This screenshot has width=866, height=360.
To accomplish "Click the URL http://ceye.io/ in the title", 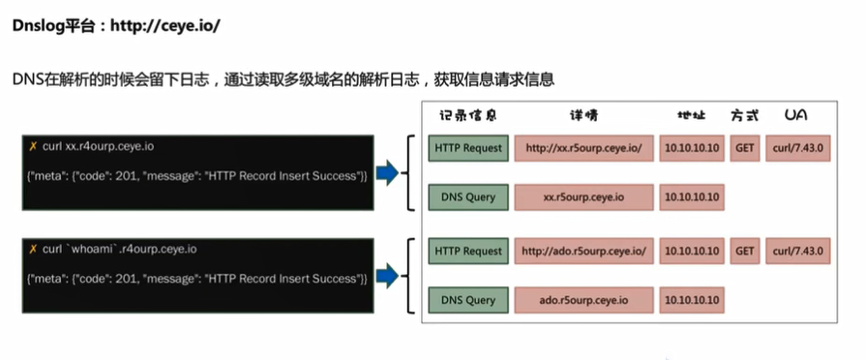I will click(164, 25).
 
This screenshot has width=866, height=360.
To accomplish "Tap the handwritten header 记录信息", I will click(468, 115).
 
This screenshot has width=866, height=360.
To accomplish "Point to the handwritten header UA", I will click(796, 115).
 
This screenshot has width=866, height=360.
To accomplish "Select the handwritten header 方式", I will click(744, 115).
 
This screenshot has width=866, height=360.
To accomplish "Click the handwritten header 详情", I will click(585, 115).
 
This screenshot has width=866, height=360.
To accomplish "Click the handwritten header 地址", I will click(692, 115).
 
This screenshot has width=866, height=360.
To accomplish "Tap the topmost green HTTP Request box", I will click(468, 148).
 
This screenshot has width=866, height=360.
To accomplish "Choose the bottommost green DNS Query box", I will click(468, 300).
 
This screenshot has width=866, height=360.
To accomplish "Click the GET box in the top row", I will click(744, 148).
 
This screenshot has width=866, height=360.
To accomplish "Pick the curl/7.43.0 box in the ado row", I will click(797, 251).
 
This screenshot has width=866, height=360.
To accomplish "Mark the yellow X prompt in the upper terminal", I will click(34, 146).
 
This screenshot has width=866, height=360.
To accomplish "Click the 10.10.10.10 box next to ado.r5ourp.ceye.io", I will click(692, 300).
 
